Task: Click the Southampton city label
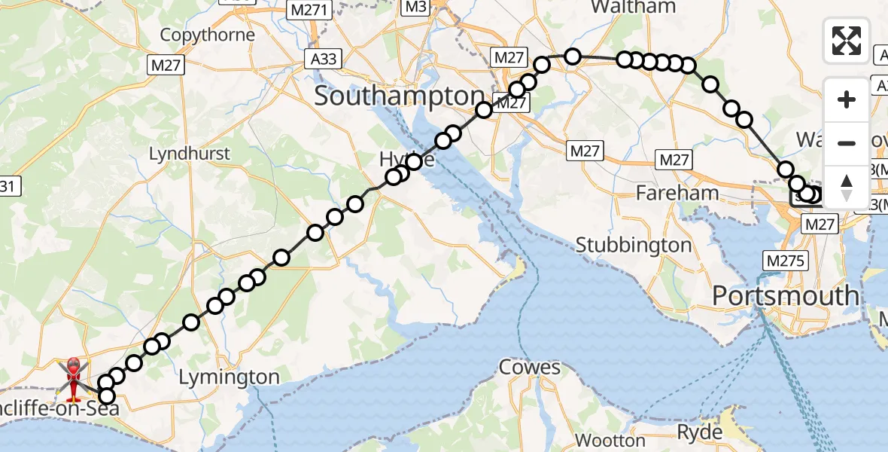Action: tap(399, 96)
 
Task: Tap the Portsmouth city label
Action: tap(786, 295)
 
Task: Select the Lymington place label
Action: tap(229, 377)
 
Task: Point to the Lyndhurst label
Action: tap(190, 154)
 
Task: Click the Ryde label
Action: tap(701, 432)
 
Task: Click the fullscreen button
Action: tap(847, 41)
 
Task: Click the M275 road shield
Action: tap(786, 261)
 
